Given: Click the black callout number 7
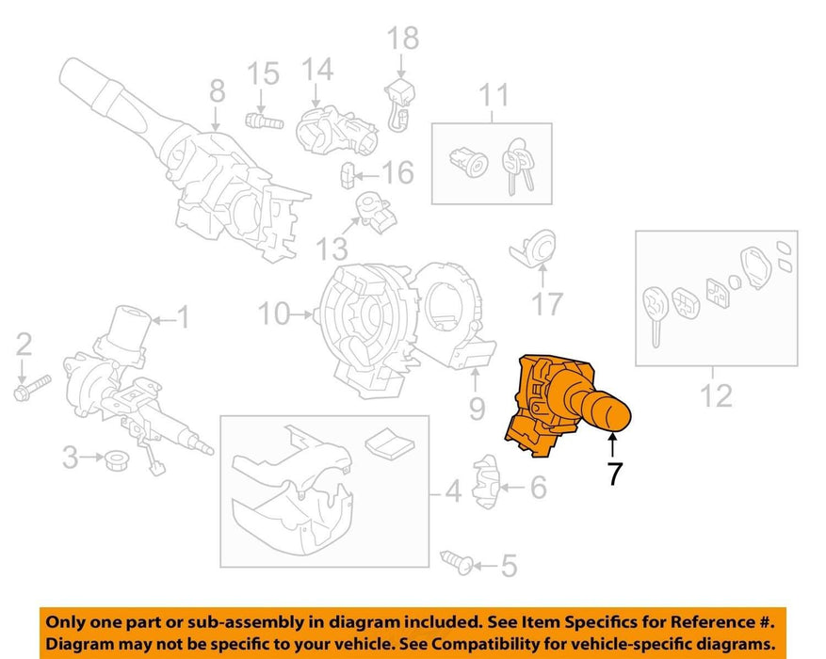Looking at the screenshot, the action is click(x=615, y=474).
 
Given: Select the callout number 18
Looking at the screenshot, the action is click(x=403, y=39).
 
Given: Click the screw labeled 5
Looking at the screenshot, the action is click(x=457, y=562).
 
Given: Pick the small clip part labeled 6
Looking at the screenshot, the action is click(x=484, y=482).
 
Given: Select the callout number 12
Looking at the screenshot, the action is click(x=717, y=395).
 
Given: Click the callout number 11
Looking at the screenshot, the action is click(x=494, y=95).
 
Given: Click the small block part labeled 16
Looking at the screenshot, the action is click(x=348, y=175).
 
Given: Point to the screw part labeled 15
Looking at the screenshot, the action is click(x=265, y=121).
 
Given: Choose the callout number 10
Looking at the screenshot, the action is click(x=274, y=313).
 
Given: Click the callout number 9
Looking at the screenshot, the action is click(x=477, y=408).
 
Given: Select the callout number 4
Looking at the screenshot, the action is click(x=454, y=490).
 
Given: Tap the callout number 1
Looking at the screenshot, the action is click(x=182, y=317).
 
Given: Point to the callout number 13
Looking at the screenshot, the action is click(x=332, y=248).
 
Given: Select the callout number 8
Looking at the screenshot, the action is click(x=217, y=90).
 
